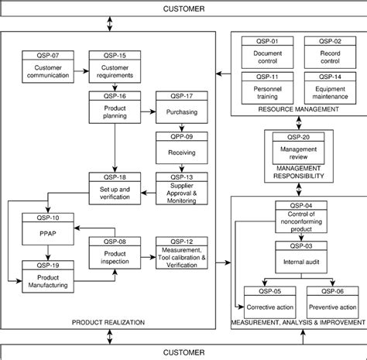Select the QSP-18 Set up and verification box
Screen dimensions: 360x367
[x=115, y=188]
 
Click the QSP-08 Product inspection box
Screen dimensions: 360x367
[x=115, y=252]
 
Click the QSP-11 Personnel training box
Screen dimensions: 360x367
[x=267, y=87]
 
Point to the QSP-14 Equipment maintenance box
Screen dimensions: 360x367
[x=330, y=87]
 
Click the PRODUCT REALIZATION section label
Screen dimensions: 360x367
[x=108, y=321]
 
